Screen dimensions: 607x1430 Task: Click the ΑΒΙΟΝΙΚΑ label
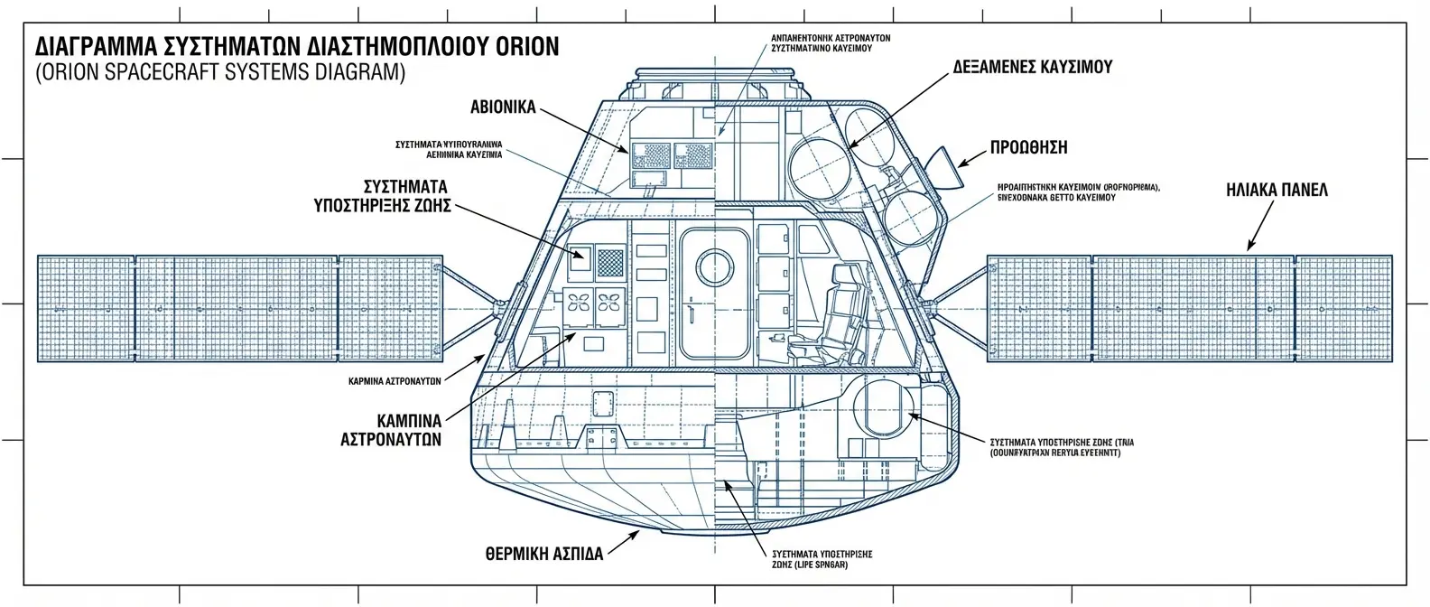[x=503, y=107]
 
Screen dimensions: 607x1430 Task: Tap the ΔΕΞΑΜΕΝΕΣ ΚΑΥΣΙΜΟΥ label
[x=1031, y=68]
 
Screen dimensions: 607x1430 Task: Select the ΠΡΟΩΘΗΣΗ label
[x=1028, y=147]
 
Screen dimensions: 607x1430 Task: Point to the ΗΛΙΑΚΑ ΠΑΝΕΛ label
[x=1277, y=191]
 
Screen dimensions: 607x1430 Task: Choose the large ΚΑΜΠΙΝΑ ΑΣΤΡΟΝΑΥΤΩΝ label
[x=390, y=429]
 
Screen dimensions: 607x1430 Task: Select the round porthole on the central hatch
[x=715, y=266]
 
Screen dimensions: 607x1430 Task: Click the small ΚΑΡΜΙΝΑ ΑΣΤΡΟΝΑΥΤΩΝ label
[x=395, y=381]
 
